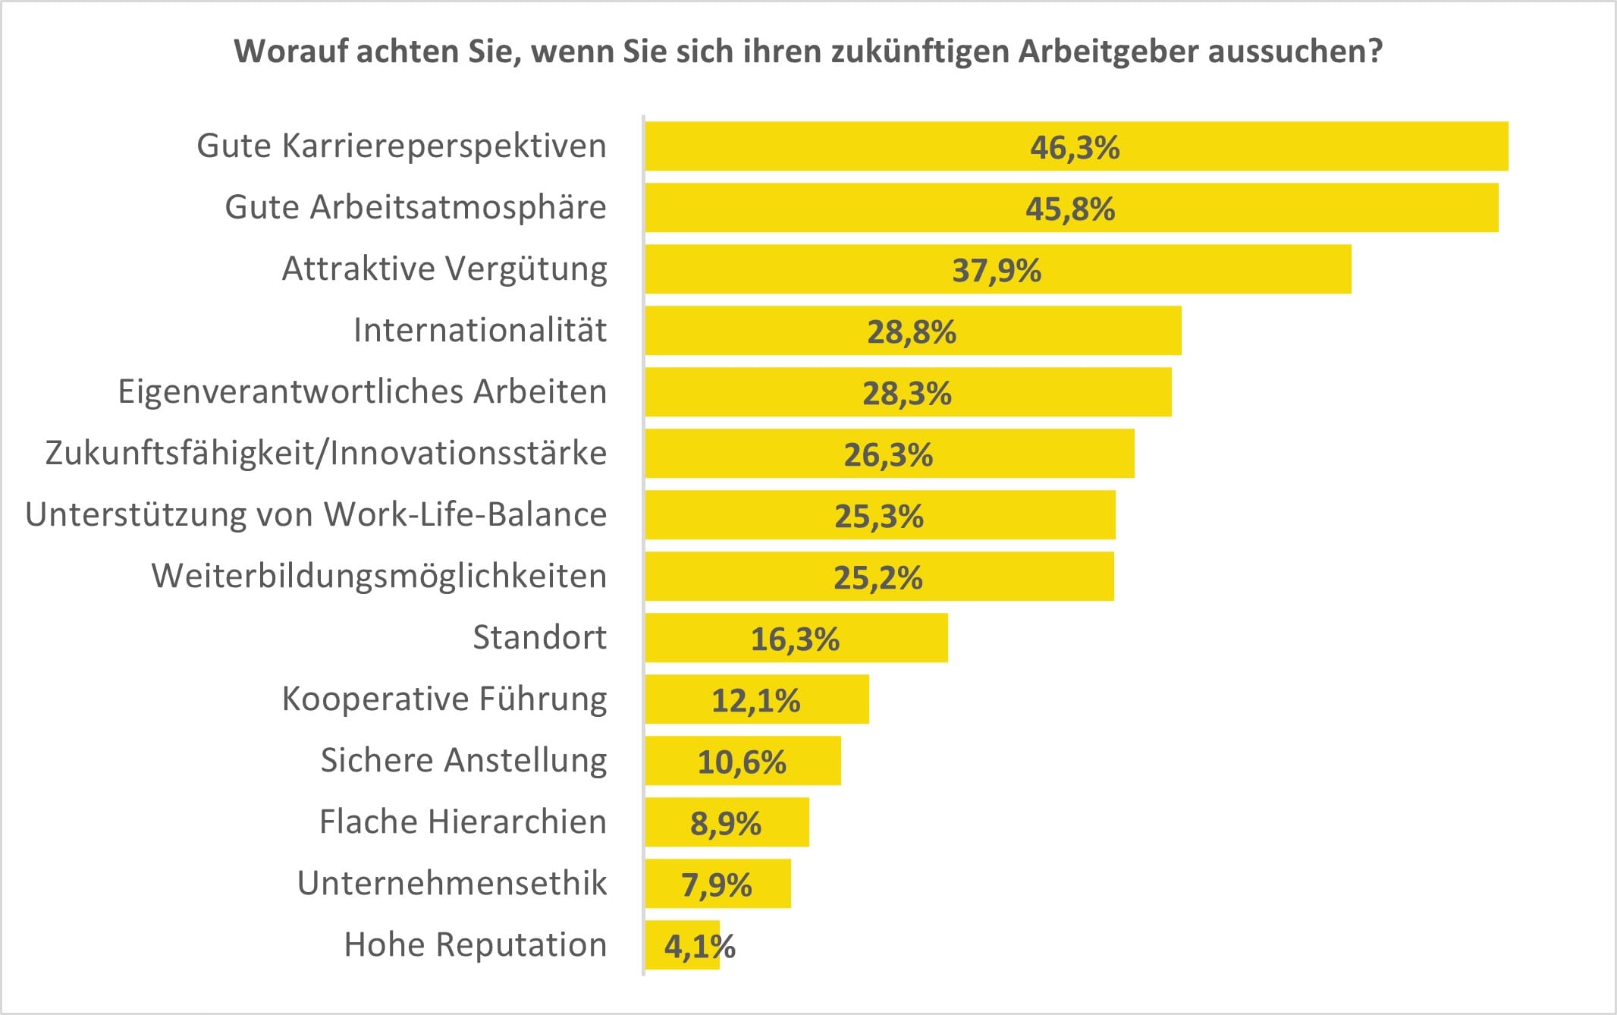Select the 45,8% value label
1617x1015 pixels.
tap(1070, 209)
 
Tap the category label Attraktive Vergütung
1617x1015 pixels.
tap(444, 269)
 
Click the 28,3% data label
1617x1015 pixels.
tap(906, 393)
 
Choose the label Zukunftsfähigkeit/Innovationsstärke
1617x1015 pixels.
tap(326, 453)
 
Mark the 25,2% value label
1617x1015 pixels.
tap(878, 578)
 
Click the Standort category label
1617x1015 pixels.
tap(539, 637)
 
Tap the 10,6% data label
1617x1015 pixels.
tap(741, 762)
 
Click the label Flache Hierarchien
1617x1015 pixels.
tap(463, 822)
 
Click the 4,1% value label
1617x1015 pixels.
tap(699, 946)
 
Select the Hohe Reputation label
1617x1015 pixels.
tap(476, 945)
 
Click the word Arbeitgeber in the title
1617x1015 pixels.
tap(1107, 52)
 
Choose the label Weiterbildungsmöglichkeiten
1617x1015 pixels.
tap(379, 576)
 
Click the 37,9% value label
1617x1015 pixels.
tap(997, 270)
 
